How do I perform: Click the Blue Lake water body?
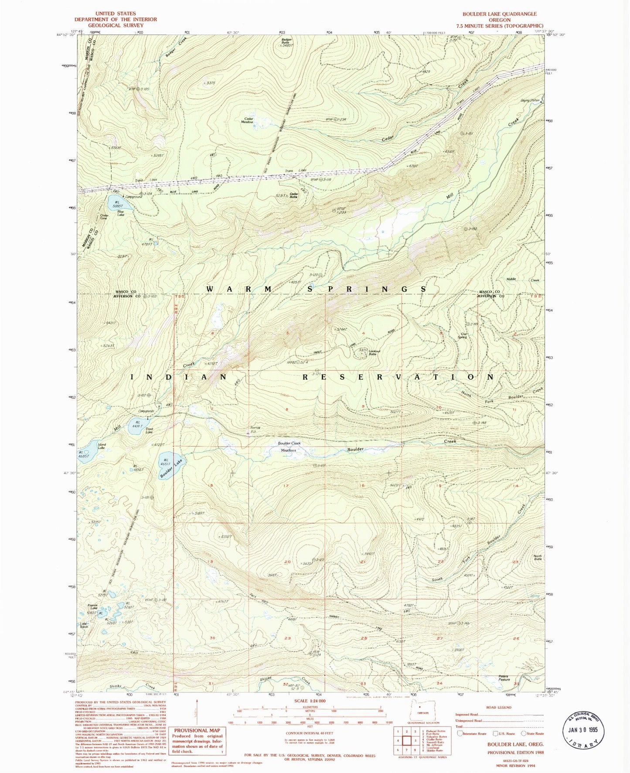tap(114, 202)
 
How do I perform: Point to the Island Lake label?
tap(101, 446)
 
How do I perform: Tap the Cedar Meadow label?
tap(249, 120)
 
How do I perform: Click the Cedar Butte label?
tap(294, 195)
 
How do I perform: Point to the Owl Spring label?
tap(462, 336)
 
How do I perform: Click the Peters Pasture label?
tap(504, 678)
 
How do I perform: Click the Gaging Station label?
tap(530, 100)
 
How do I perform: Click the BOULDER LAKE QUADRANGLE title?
tap(499, 14)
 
